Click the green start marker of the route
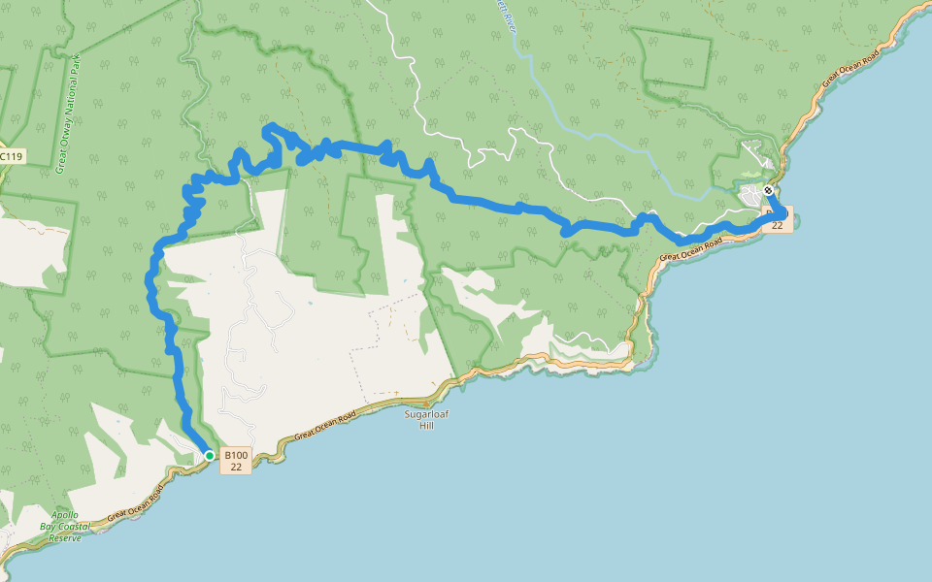(x=209, y=455)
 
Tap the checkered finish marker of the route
(x=768, y=191)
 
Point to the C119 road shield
(x=11, y=155)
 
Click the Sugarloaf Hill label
(x=425, y=419)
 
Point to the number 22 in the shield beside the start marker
(x=236, y=467)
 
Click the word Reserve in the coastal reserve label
(x=65, y=537)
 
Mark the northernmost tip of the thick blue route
(x=270, y=126)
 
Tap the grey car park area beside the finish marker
(x=753, y=197)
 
